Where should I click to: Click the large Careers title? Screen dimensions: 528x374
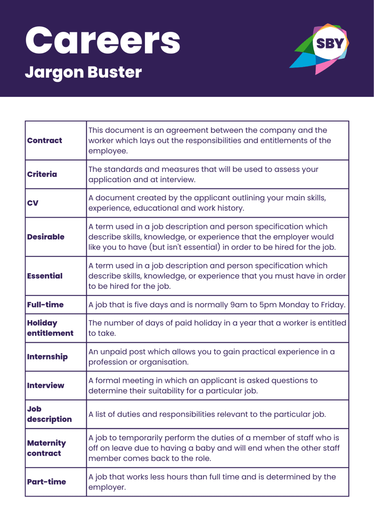(103, 41)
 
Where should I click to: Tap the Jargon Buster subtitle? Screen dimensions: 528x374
(83, 72)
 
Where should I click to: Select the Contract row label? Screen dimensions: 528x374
(45, 141)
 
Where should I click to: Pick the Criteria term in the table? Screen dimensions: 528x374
(42, 174)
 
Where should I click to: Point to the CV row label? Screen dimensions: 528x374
(33, 203)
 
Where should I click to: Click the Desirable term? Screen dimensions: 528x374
(46, 237)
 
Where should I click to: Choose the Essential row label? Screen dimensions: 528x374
(45, 276)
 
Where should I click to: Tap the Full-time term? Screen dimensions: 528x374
(45, 305)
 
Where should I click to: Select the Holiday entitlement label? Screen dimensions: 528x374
(50, 328)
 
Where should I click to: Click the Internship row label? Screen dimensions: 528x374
(48, 357)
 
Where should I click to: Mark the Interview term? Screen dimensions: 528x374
(46, 386)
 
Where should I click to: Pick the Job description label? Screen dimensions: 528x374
(50, 414)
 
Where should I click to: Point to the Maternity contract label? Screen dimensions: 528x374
(46, 448)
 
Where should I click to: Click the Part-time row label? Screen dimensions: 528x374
(46, 482)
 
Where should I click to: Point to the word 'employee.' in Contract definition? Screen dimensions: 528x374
(108, 151)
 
